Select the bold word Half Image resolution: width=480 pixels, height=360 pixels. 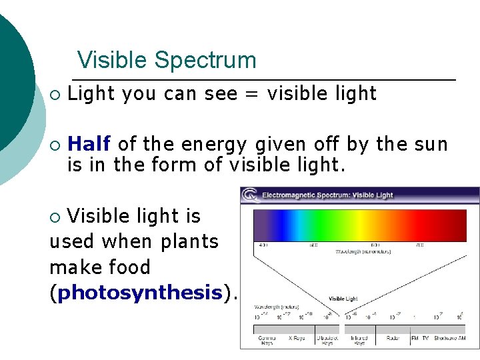click(x=89, y=143)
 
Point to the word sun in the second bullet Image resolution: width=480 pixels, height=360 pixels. click(x=429, y=143)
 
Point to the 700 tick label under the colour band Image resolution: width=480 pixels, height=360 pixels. click(x=419, y=245)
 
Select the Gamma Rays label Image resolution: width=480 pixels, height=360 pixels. click(x=266, y=341)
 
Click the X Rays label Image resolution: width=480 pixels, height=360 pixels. click(x=297, y=338)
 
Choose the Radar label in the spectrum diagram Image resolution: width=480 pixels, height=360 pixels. click(x=393, y=338)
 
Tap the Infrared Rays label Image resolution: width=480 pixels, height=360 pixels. click(x=359, y=341)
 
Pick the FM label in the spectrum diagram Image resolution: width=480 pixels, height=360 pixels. click(x=414, y=338)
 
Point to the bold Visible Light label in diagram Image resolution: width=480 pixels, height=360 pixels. click(x=343, y=299)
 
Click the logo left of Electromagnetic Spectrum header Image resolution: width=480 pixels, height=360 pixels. click(x=250, y=195)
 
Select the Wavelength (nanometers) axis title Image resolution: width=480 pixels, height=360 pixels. click(x=359, y=251)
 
